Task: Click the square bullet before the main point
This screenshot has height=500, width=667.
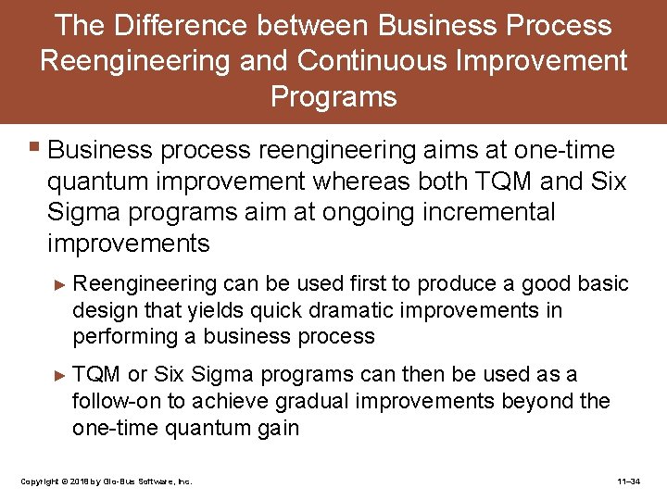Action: tap(34, 147)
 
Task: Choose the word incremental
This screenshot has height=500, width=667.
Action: tap(483, 212)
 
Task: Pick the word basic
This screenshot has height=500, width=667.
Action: tap(602, 284)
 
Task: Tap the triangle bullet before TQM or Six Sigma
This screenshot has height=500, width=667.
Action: tap(61, 375)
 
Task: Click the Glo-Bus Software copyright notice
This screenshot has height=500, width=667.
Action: tap(106, 481)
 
